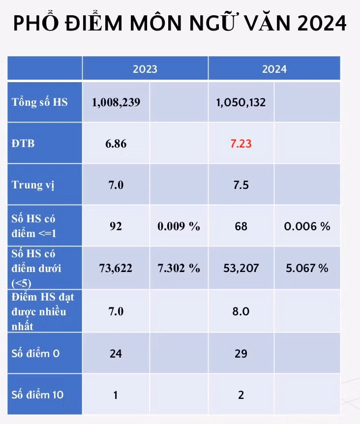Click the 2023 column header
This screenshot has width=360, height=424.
[x=145, y=69]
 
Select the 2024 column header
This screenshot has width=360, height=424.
[x=274, y=69]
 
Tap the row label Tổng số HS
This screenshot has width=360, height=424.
[x=40, y=102]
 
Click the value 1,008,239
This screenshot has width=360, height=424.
[x=116, y=102]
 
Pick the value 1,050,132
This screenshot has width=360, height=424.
[x=241, y=102]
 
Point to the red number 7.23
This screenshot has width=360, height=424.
[x=241, y=144]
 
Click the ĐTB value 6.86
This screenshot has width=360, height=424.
[x=116, y=144]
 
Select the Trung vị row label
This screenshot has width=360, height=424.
[x=33, y=185]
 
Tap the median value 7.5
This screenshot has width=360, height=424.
[x=241, y=185]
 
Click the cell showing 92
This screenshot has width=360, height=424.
[x=116, y=226]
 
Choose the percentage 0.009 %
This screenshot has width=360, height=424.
[x=179, y=226]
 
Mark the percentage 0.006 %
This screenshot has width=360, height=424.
[x=307, y=226]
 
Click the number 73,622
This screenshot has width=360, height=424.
[x=116, y=268]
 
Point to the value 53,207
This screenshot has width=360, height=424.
[x=241, y=268]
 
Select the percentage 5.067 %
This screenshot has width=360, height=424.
[x=307, y=268]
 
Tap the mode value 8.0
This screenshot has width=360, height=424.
[x=241, y=311]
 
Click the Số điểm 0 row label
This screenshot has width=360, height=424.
[x=35, y=354]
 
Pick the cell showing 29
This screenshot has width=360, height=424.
[x=241, y=354]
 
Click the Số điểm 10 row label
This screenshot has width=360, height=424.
[x=37, y=395]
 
